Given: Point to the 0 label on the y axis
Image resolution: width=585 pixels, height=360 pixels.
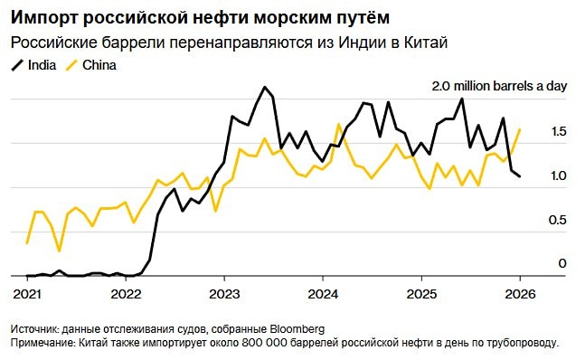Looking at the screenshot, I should pos(561,263).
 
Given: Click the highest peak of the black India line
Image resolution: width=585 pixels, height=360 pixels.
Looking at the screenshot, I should pos(264,88).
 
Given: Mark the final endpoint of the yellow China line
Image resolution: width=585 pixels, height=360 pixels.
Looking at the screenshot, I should pos(520,129).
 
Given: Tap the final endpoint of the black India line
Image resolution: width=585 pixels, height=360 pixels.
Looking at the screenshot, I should pos(520,176).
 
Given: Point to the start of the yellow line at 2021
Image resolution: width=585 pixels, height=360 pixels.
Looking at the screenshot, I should pos(27,243).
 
